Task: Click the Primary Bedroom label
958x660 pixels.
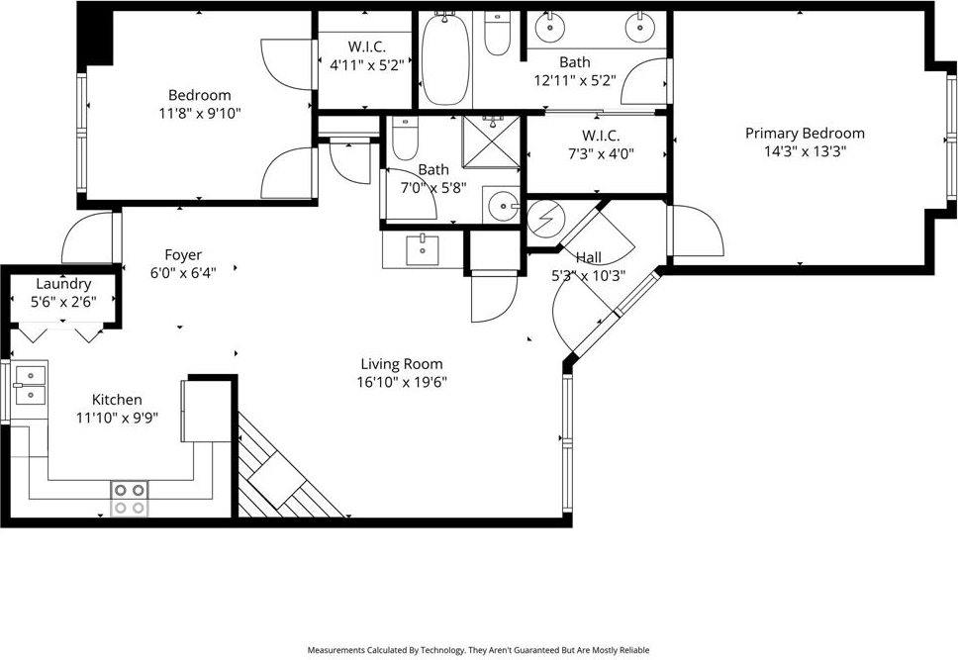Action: click(804, 134)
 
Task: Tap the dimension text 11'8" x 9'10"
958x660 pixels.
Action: click(199, 113)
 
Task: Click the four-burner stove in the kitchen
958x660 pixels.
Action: click(129, 498)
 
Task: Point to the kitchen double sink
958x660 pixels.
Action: click(30, 385)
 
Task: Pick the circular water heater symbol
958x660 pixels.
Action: click(543, 220)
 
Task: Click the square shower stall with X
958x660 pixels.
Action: click(493, 149)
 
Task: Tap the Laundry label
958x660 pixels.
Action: click(63, 284)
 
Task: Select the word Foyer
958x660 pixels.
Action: click(183, 254)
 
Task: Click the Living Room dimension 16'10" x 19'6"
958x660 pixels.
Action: click(402, 382)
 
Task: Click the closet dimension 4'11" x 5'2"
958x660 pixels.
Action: click(365, 64)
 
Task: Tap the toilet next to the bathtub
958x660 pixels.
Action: click(497, 36)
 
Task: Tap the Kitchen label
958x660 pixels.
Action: click(117, 399)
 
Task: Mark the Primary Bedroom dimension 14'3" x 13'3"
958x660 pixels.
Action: click(804, 151)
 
